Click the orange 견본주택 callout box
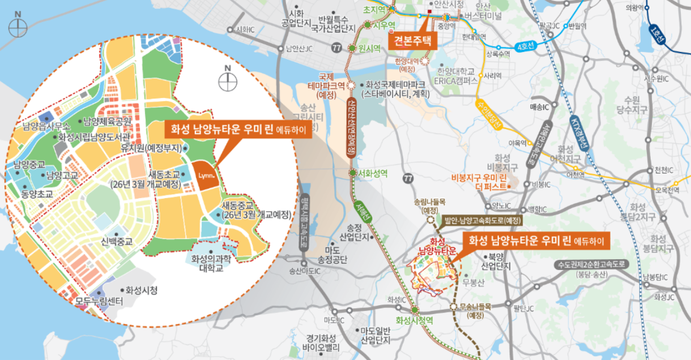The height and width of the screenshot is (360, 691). [413, 40]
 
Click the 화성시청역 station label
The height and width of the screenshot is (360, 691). [415, 320]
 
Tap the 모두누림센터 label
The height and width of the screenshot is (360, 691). [99, 302]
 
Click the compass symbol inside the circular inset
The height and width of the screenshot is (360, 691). [227, 82]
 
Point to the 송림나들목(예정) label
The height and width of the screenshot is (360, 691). [430, 205]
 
